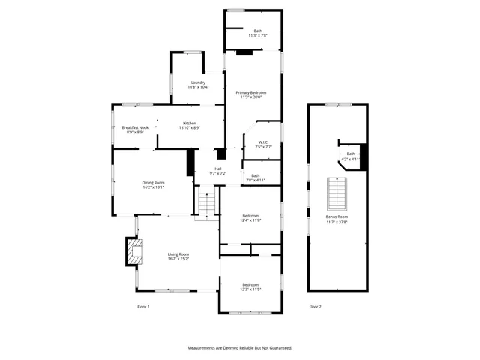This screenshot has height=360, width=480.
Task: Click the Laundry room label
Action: pyautogui.click(x=198, y=85)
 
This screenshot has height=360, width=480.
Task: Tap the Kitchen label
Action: pyautogui.click(x=190, y=125)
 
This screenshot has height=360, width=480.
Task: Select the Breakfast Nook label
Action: pyautogui.click(x=134, y=130)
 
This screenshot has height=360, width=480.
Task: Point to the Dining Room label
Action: pyautogui.click(x=153, y=184)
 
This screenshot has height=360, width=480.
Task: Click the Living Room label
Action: pyautogui.click(x=178, y=256)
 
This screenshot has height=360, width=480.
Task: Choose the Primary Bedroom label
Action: pyautogui.click(x=253, y=94)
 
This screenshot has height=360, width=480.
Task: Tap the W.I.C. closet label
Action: pyautogui.click(x=263, y=144)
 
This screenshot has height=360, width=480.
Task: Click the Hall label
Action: pyautogui.click(x=218, y=170)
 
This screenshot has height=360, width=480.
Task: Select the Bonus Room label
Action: pyautogui.click(x=337, y=220)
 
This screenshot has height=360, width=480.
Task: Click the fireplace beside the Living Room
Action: pyautogui.click(x=133, y=252)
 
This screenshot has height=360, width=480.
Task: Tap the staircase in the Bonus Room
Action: pyautogui.click(x=338, y=194)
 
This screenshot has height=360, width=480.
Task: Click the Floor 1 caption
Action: pyautogui.click(x=143, y=307)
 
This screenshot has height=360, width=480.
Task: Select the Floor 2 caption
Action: pyautogui.click(x=315, y=307)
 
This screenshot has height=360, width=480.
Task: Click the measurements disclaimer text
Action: pyautogui.click(x=239, y=348)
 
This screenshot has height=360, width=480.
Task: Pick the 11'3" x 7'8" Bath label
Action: pyautogui.click(x=258, y=33)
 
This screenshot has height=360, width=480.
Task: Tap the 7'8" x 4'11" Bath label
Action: pyautogui.click(x=256, y=178)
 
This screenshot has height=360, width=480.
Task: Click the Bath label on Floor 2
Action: pyautogui.click(x=350, y=156)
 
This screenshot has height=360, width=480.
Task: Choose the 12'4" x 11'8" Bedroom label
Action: pyautogui.click(x=250, y=217)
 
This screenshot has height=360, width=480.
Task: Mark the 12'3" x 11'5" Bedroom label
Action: pyautogui.click(x=250, y=286)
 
